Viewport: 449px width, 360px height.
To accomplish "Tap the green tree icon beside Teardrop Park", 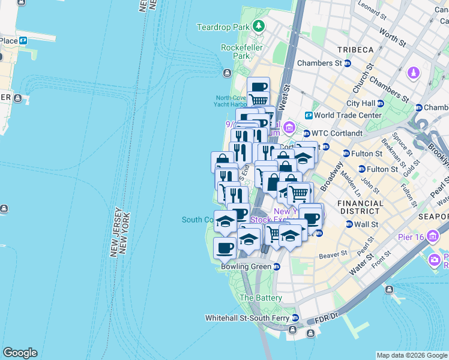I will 258,26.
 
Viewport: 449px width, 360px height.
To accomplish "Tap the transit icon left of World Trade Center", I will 308,115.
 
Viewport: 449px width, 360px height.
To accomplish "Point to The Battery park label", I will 261,298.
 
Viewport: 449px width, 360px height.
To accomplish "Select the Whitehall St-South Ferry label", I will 247,317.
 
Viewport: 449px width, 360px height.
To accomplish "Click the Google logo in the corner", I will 20,353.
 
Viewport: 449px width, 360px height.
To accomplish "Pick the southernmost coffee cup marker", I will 225,247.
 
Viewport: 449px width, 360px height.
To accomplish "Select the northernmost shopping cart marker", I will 258,99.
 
